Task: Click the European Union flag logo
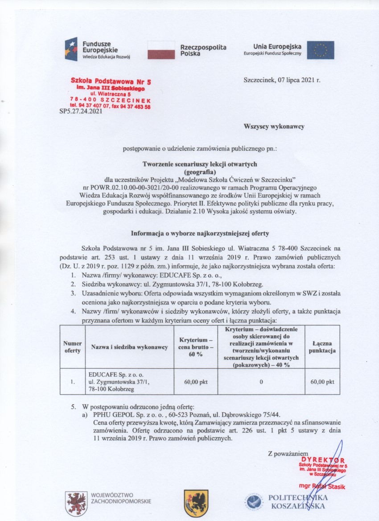tap(320, 50)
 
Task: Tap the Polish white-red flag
tap(161, 49)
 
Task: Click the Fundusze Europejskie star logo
tap(71, 49)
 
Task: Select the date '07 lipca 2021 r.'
tap(298, 81)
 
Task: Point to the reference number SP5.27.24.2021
tap(81, 112)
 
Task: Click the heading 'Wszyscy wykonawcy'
tap(274, 126)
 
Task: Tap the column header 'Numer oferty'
tap(72, 347)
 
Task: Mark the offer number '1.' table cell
tap(72, 382)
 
